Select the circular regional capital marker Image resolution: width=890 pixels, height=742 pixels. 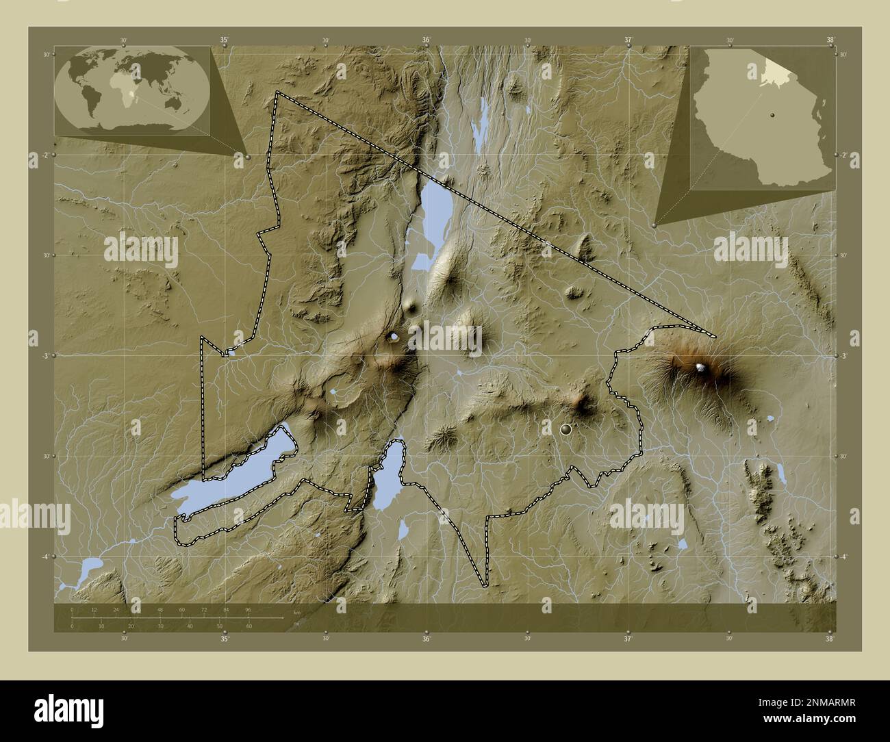point(565,429)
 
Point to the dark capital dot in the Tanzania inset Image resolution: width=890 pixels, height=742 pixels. point(772,115)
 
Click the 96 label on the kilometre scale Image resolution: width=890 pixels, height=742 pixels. point(247,609)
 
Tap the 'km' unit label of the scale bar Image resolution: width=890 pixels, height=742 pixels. point(296,612)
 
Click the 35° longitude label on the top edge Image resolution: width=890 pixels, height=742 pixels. point(225,40)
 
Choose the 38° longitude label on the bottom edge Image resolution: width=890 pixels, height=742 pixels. point(830,639)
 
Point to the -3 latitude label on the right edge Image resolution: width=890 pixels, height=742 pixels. point(844,356)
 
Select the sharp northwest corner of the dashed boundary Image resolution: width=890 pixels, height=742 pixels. point(277,92)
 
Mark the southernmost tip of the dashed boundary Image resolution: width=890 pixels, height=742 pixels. point(484,586)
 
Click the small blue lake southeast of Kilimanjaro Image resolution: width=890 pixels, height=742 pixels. point(770,418)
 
